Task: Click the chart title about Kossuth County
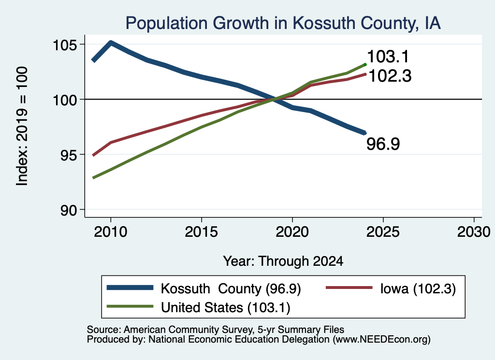point(283,23)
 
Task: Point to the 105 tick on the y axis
point(65,45)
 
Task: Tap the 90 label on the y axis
point(69,210)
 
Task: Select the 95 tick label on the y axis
point(69,155)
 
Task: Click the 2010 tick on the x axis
point(111,232)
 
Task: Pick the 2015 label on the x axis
point(201,232)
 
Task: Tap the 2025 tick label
point(383,232)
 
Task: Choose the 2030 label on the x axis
point(474,232)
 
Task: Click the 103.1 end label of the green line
point(388,57)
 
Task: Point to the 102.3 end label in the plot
point(390,76)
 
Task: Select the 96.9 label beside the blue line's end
point(383,144)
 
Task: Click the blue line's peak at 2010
point(111,42)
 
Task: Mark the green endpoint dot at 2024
point(365,65)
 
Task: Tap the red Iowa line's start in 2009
point(93,155)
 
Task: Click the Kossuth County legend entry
point(204,288)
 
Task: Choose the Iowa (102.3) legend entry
point(391,288)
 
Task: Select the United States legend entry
point(199,307)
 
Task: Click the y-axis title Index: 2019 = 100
point(22,126)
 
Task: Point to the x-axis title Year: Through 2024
point(283,261)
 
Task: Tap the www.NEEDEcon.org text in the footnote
point(381,340)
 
